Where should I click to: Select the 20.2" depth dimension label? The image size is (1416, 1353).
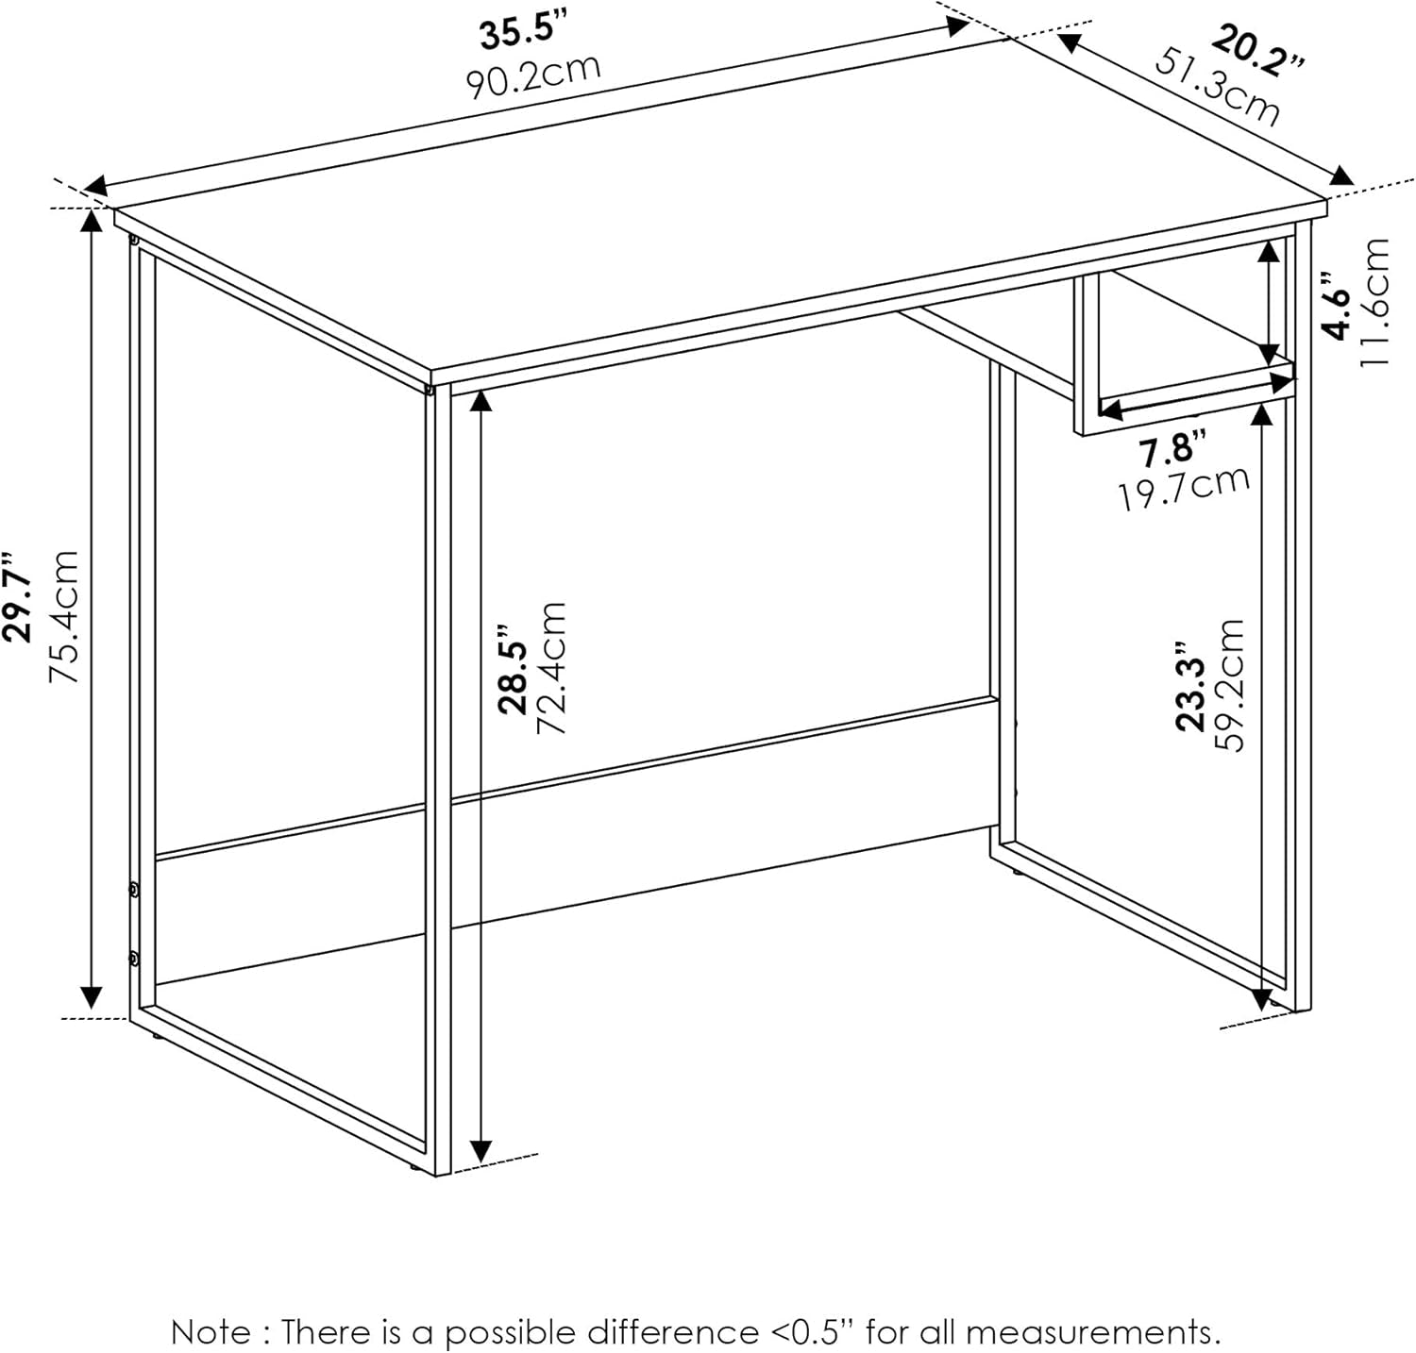tap(1257, 55)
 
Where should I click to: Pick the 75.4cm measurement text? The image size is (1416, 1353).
tap(62, 617)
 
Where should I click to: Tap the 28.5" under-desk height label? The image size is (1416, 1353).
tap(514, 668)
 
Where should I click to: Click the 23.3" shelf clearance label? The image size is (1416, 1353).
tap(1191, 687)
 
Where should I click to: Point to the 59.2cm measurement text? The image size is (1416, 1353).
tap(1229, 685)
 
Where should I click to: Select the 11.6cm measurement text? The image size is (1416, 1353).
tap(1375, 303)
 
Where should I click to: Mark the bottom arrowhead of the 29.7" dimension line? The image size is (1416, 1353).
tap(91, 996)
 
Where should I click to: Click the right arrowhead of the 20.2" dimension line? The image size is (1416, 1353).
tap(1340, 177)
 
